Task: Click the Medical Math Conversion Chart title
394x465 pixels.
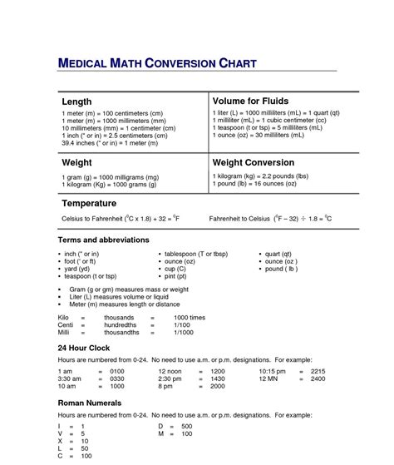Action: coord(156,63)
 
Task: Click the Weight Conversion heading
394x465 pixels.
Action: coord(254,163)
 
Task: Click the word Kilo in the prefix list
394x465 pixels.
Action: coord(64,317)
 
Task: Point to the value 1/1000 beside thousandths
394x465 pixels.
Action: coord(184,332)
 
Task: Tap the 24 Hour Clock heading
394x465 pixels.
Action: coord(85,347)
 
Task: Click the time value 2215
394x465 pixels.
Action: coord(318,371)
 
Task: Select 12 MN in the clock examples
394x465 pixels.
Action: coord(270,378)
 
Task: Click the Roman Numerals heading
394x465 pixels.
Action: coord(91,402)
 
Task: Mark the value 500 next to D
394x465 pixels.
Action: coord(187,426)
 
